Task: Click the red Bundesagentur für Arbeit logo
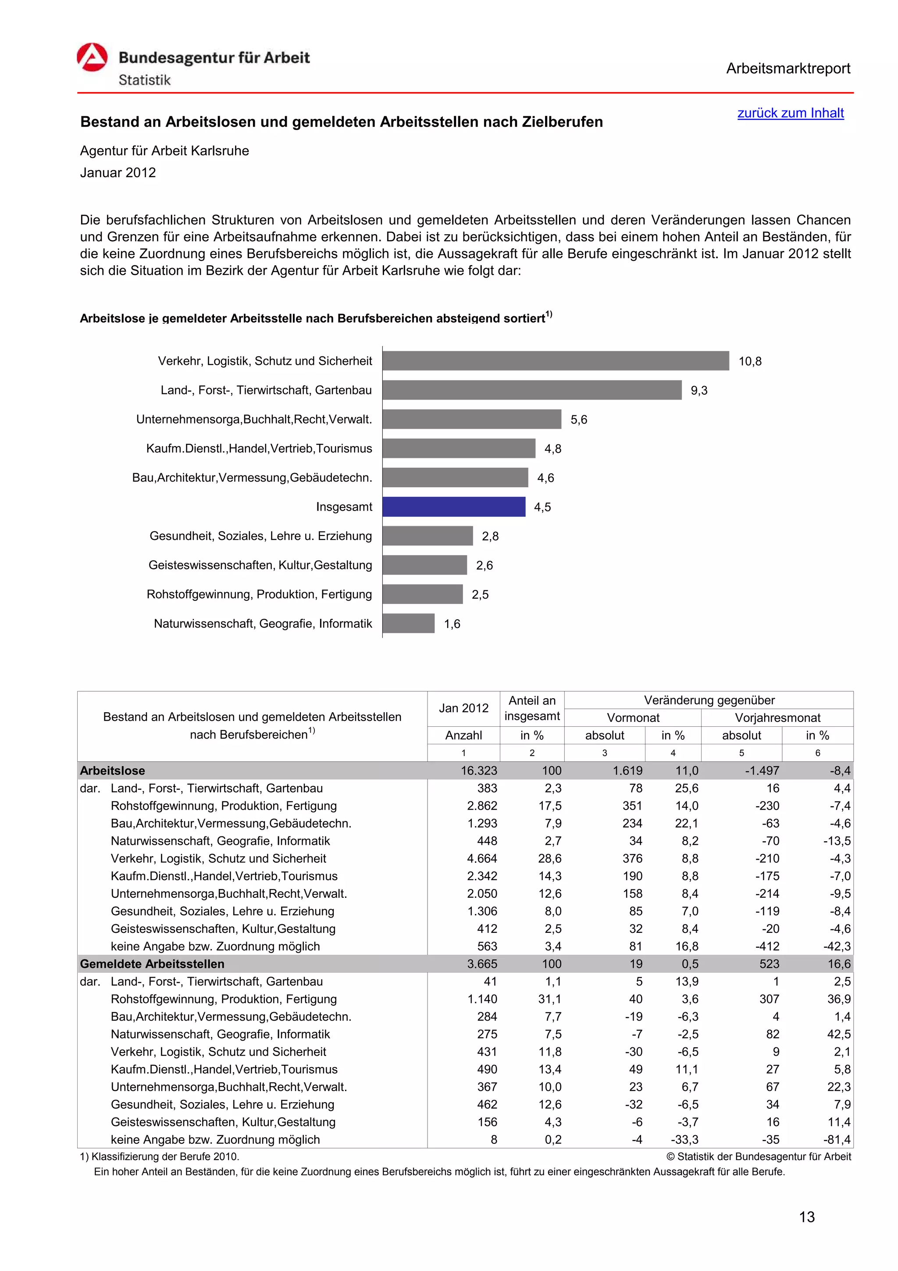pos(92,57)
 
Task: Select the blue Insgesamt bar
pos(454,507)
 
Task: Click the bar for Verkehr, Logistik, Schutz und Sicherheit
pos(556,361)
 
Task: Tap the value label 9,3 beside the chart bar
pos(699,390)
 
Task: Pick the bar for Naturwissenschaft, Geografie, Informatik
pos(408,623)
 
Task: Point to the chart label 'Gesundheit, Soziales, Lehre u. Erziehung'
pos(260,536)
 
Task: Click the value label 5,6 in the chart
pos(579,420)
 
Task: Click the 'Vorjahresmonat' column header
pos(777,718)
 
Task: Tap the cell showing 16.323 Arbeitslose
pos(479,771)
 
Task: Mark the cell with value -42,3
pos(837,946)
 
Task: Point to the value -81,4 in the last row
pos(837,1139)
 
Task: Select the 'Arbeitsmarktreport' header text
pos(788,69)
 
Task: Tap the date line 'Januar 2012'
pos(118,173)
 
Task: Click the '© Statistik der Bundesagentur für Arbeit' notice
pos(759,1157)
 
